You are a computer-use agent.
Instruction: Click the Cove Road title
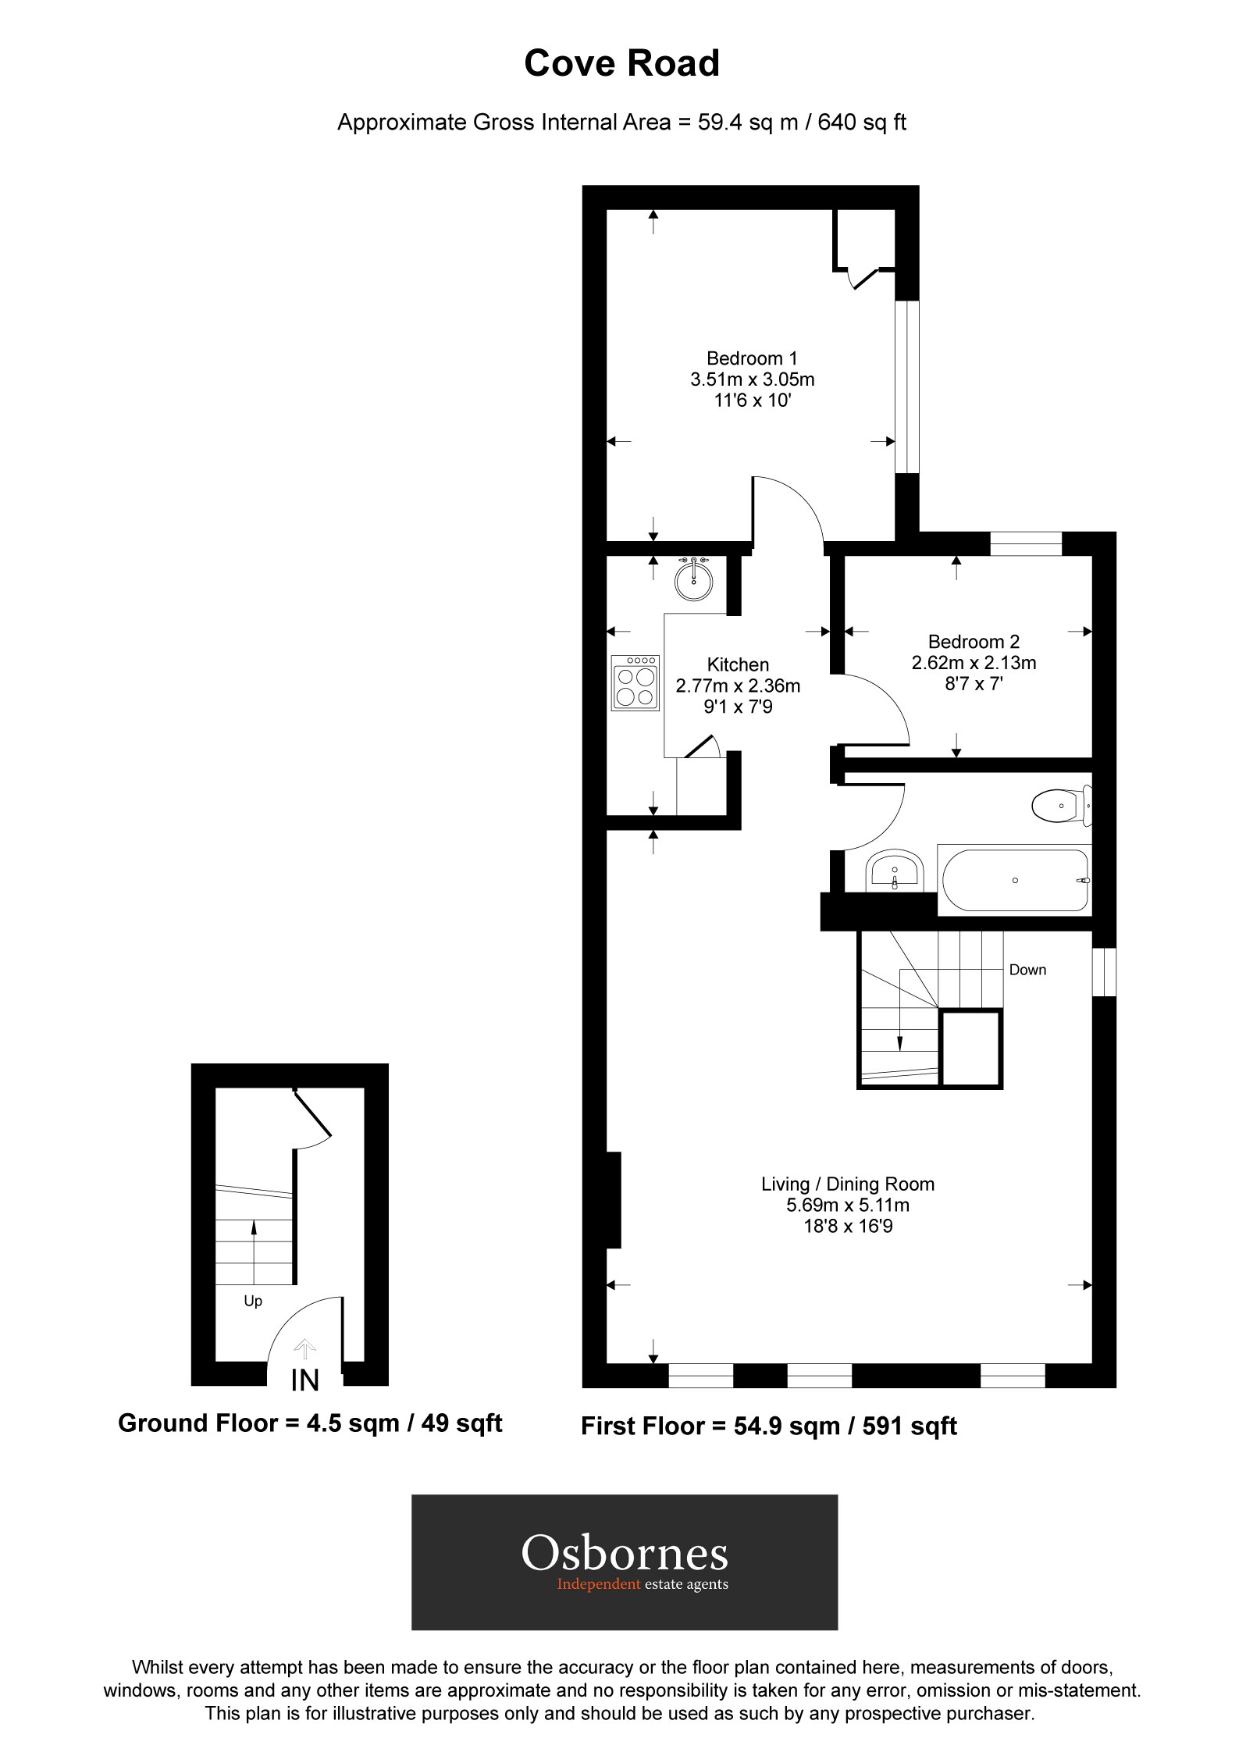621,63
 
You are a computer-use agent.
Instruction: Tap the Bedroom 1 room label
752,358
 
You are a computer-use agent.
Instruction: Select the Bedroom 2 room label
974,642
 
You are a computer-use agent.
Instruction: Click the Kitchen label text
738,664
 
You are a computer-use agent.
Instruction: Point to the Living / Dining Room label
848,1184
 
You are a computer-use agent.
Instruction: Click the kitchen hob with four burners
635,683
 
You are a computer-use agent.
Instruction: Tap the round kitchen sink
693,580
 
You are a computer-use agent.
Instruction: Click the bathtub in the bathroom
1014,880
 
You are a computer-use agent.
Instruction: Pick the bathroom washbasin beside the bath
895,871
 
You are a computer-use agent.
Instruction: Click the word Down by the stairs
1027,970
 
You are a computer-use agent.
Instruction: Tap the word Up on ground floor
253,1301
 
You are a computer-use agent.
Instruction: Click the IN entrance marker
305,1380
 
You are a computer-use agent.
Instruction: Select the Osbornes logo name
625,1554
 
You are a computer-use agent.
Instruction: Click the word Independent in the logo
598,1583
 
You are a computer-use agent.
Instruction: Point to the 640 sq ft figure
862,123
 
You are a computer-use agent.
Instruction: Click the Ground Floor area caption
310,1423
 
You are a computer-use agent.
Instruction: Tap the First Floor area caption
768,1426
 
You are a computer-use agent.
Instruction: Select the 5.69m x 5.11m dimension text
848,1205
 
